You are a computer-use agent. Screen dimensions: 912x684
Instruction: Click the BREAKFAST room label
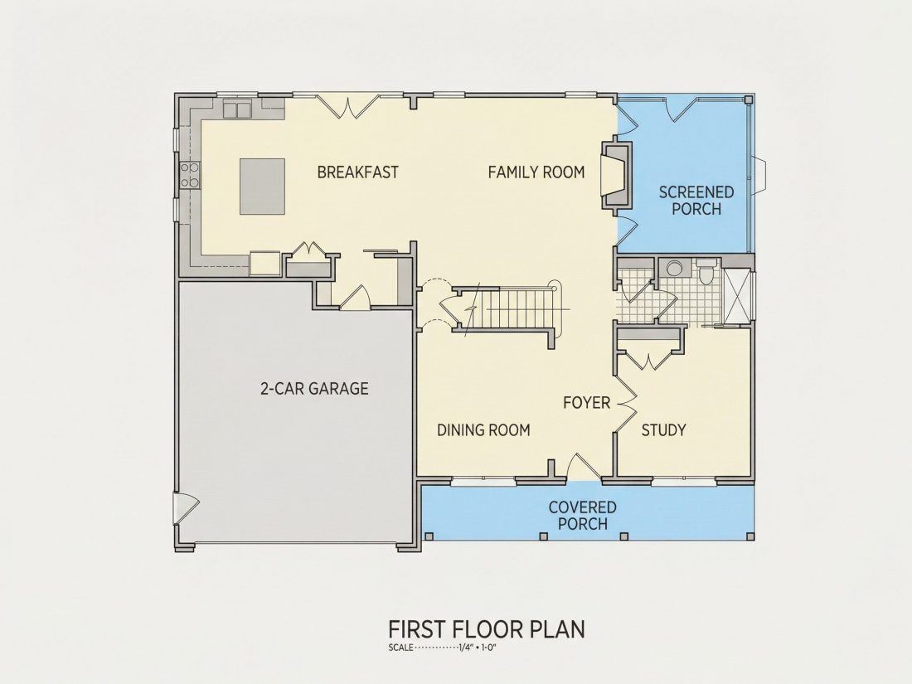pyautogui.click(x=357, y=172)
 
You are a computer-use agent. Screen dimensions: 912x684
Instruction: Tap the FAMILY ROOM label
pyautogui.click(x=536, y=172)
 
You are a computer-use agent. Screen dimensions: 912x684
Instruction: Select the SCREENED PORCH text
pyautogui.click(x=696, y=200)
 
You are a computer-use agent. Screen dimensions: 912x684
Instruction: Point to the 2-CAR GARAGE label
pyautogui.click(x=314, y=388)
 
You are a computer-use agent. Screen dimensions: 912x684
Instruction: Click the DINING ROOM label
pyautogui.click(x=483, y=429)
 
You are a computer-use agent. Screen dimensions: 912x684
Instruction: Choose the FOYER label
pyautogui.click(x=586, y=402)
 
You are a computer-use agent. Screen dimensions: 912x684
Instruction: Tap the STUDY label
pyautogui.click(x=663, y=429)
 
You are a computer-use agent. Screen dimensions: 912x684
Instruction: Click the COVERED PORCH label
pyautogui.click(x=582, y=516)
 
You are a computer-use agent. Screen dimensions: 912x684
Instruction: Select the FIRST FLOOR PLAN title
pyautogui.click(x=486, y=629)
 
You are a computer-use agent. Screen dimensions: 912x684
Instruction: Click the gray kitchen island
pyautogui.click(x=262, y=186)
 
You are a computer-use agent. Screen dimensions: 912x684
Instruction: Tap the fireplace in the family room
pyautogui.click(x=615, y=174)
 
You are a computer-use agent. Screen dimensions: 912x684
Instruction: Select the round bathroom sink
pyautogui.click(x=674, y=268)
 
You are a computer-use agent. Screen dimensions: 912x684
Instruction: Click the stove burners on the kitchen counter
pyautogui.click(x=189, y=175)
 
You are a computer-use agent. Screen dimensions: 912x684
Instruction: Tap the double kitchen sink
pyautogui.click(x=237, y=109)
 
